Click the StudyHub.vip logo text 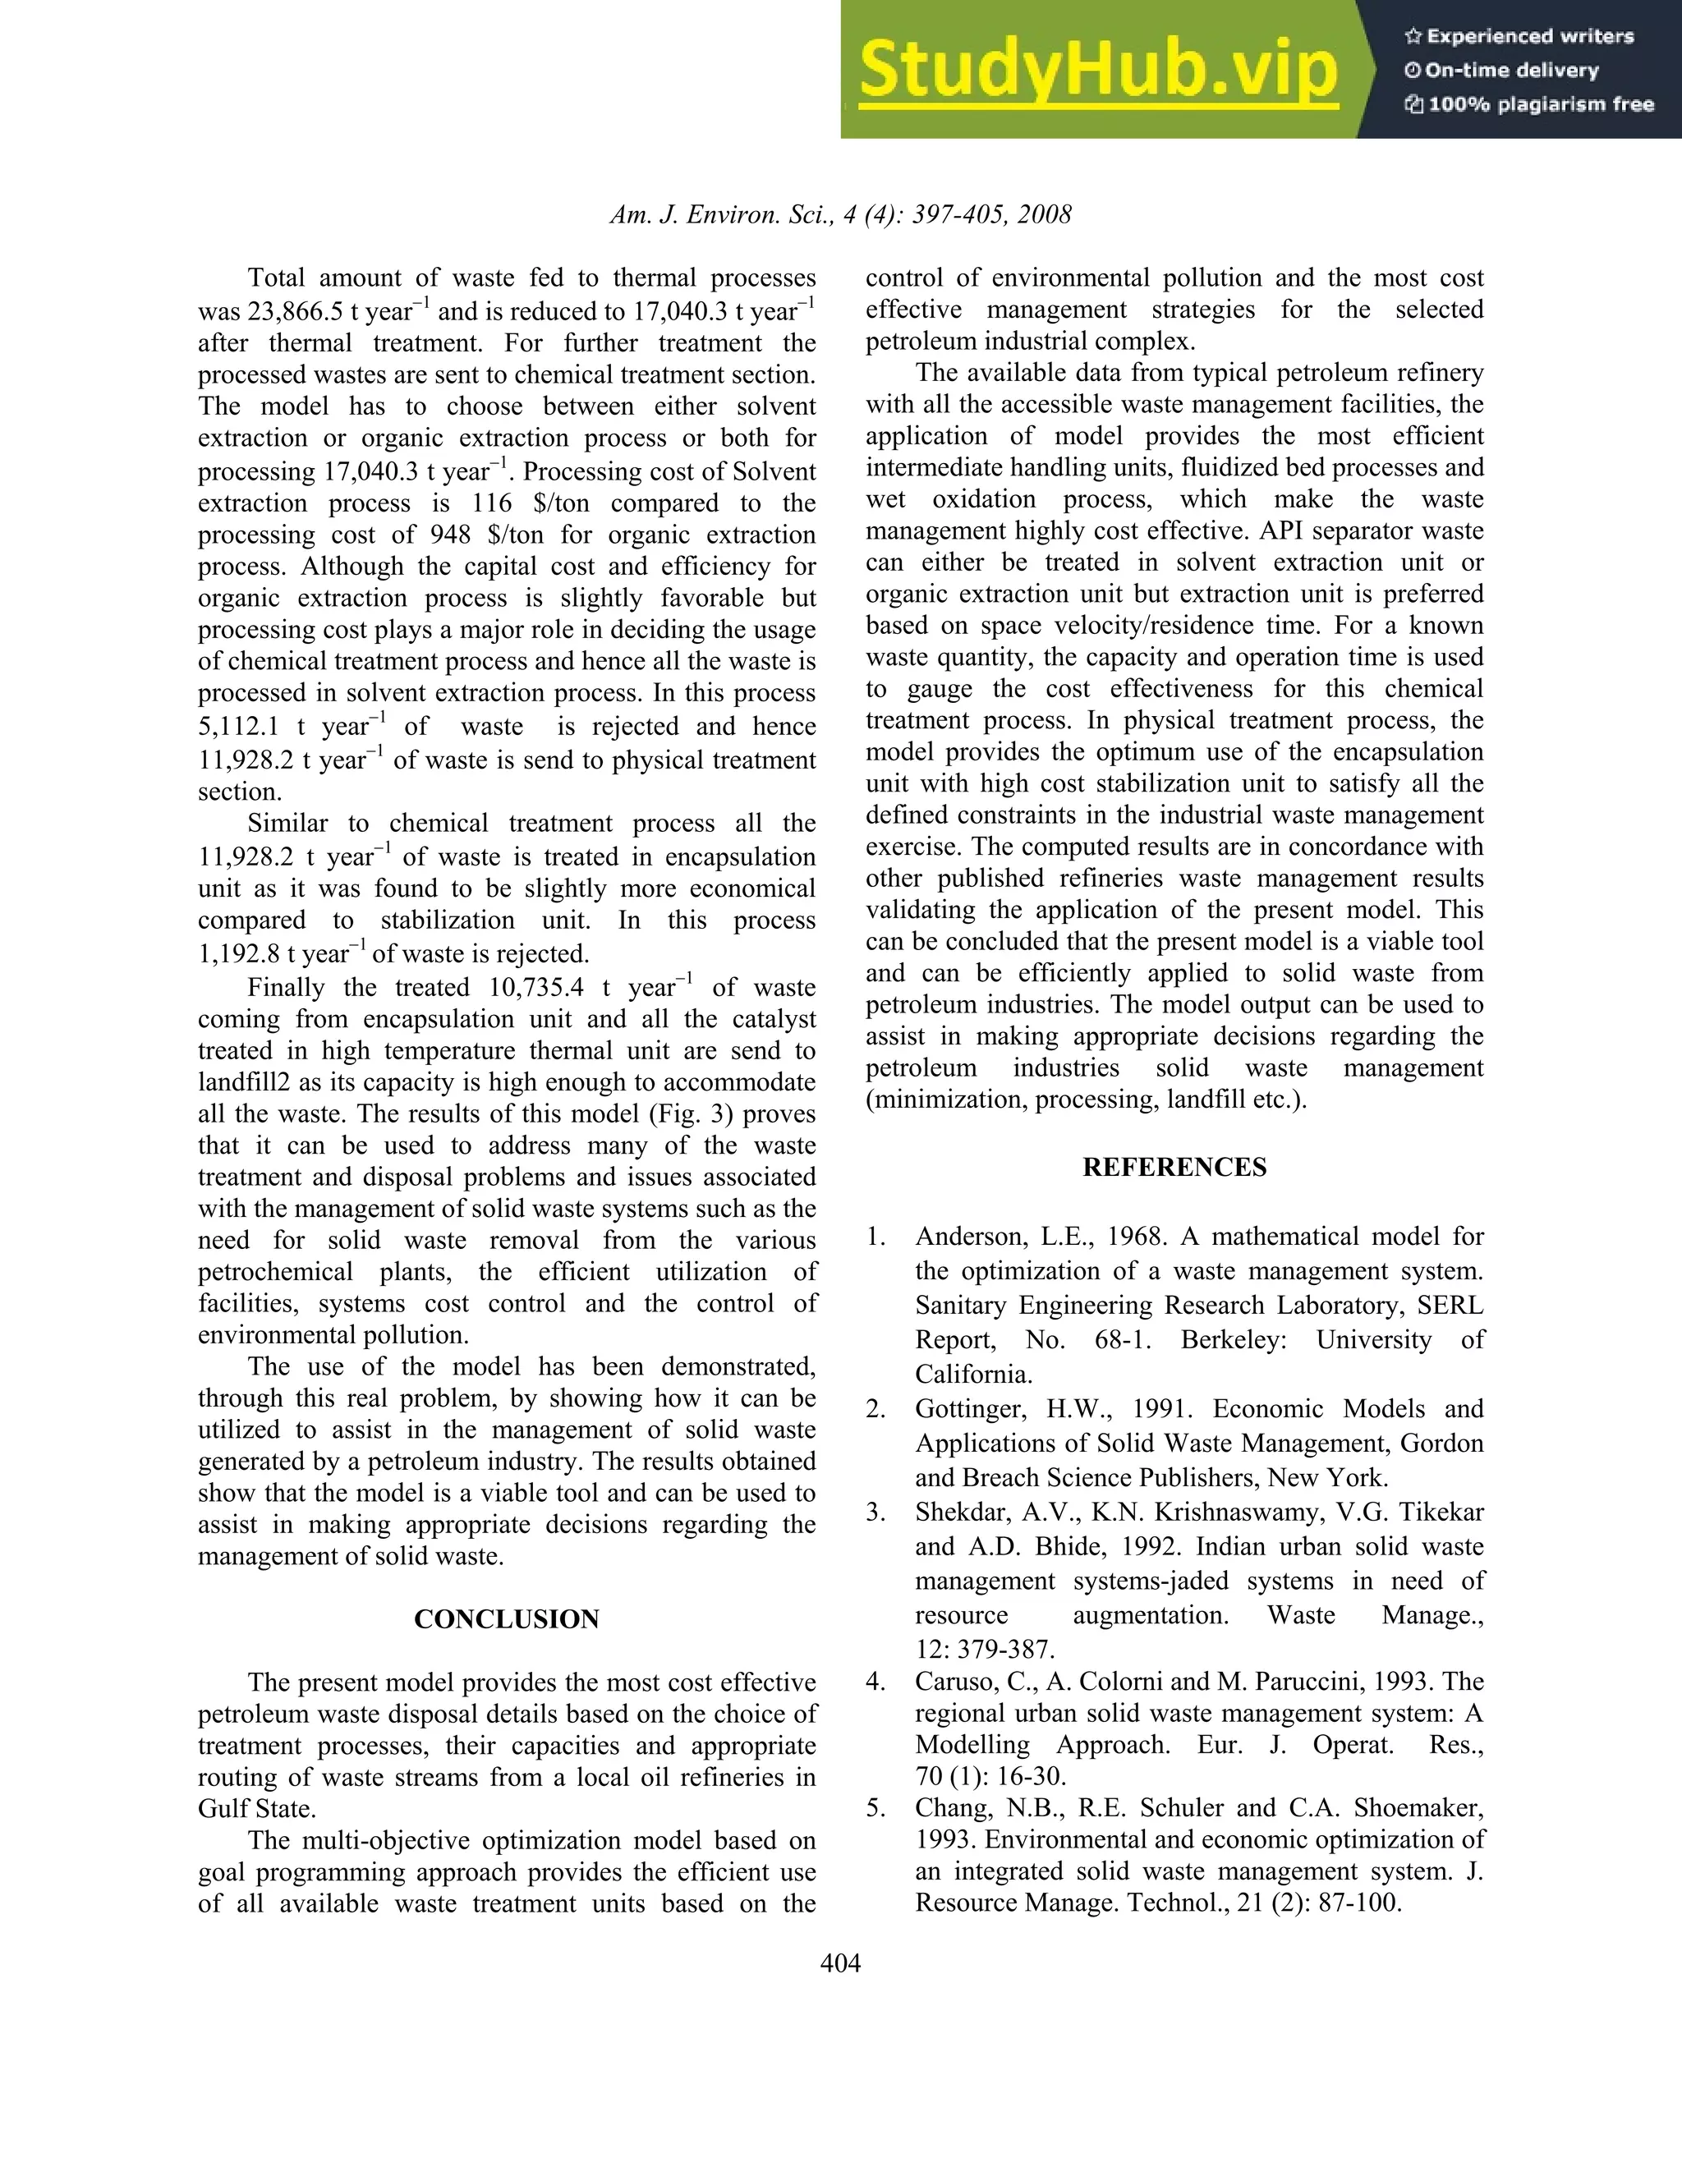tap(1097, 70)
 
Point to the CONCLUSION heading tap(506, 1619)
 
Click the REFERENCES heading tap(1174, 1168)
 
